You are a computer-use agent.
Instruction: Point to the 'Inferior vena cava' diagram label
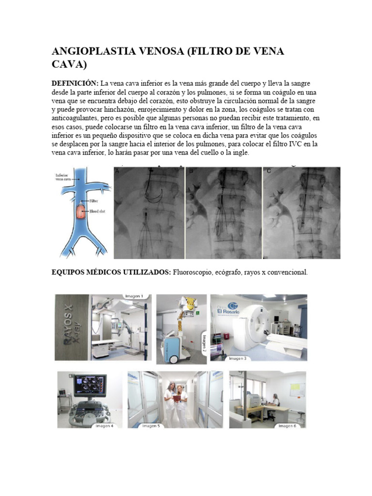(x=64, y=177)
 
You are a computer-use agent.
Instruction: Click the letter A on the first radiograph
(x=117, y=171)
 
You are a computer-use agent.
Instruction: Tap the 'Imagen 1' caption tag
(x=133, y=296)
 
